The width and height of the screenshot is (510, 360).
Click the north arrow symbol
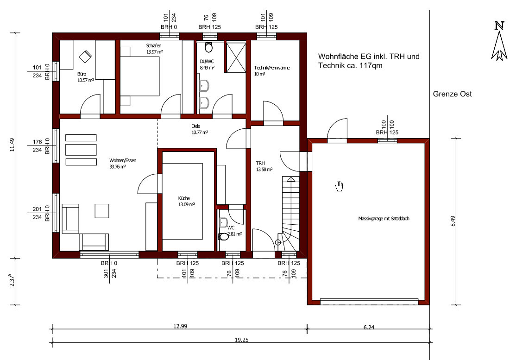tap(499, 42)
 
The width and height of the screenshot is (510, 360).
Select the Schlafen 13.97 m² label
tap(154, 49)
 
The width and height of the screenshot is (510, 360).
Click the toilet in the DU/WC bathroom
tap(209, 47)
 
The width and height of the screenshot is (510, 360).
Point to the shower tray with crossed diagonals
tap(236, 57)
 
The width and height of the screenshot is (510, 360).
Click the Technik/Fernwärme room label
tap(271, 70)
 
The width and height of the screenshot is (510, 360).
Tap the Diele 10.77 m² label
tap(199, 129)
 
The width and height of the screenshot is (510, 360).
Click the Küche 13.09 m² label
tap(186, 201)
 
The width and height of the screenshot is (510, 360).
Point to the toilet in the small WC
tap(224, 236)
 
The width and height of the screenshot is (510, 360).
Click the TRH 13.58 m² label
tap(264, 166)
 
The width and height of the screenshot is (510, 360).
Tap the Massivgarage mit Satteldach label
tap(384, 219)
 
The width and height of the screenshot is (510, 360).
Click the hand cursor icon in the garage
tap(339, 186)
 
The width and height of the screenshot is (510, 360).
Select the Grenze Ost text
tap(452, 94)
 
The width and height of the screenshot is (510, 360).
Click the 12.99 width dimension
tap(180, 326)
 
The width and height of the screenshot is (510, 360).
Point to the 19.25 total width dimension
tap(242, 340)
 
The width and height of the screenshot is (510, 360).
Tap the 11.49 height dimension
tap(12, 145)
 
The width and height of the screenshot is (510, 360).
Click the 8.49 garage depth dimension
tap(453, 221)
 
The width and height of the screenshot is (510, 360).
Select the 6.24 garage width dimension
tap(369, 327)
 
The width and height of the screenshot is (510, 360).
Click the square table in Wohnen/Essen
tap(102, 211)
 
